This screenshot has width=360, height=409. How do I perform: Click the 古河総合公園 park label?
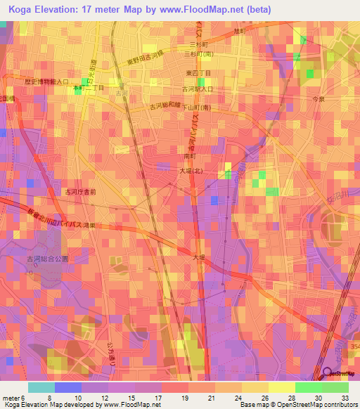click(x=48, y=259)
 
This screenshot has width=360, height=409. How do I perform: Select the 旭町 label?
click(x=241, y=32)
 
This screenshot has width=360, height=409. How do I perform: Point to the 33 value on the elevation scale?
click(x=345, y=398)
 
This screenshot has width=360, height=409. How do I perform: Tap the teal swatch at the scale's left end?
click(x=41, y=387)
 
